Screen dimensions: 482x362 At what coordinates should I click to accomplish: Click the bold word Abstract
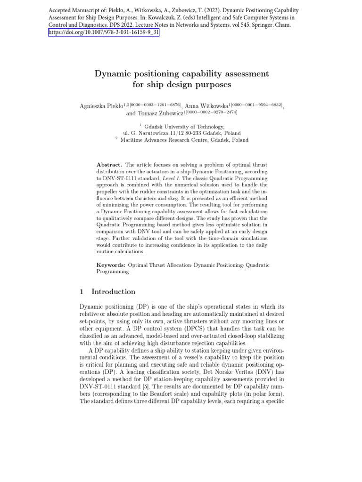(109, 165)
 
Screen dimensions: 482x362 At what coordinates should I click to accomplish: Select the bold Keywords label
(111, 265)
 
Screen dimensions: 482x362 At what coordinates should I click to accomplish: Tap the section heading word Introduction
(113, 291)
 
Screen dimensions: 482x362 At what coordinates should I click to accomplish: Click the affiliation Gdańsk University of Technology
(184, 127)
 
